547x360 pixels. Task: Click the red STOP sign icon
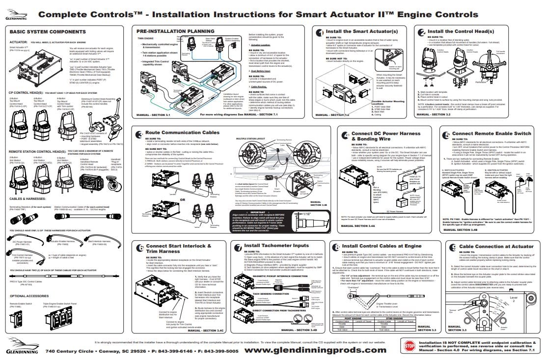(409, 346)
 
